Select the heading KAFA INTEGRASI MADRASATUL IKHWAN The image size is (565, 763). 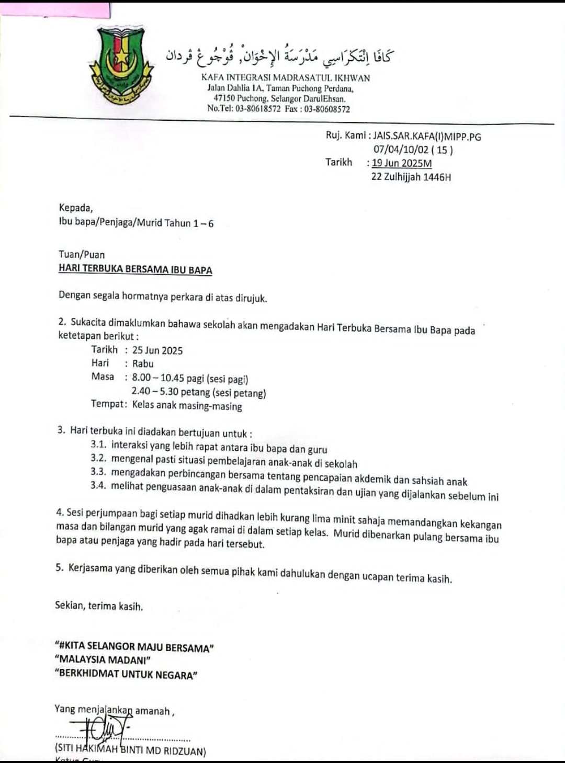pos(285,78)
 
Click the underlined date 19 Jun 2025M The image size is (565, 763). pos(401,163)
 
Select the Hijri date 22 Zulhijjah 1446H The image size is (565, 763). pos(411,177)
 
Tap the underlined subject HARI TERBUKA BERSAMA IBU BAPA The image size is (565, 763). pos(135,270)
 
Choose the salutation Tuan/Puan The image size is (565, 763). pos(82,255)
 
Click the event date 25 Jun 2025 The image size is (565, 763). pos(157,350)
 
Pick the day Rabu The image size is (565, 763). pos(143,363)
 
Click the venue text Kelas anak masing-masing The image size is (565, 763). pos(187,406)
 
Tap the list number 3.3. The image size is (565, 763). pos(98,472)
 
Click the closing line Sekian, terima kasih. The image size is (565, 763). pos(99,606)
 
